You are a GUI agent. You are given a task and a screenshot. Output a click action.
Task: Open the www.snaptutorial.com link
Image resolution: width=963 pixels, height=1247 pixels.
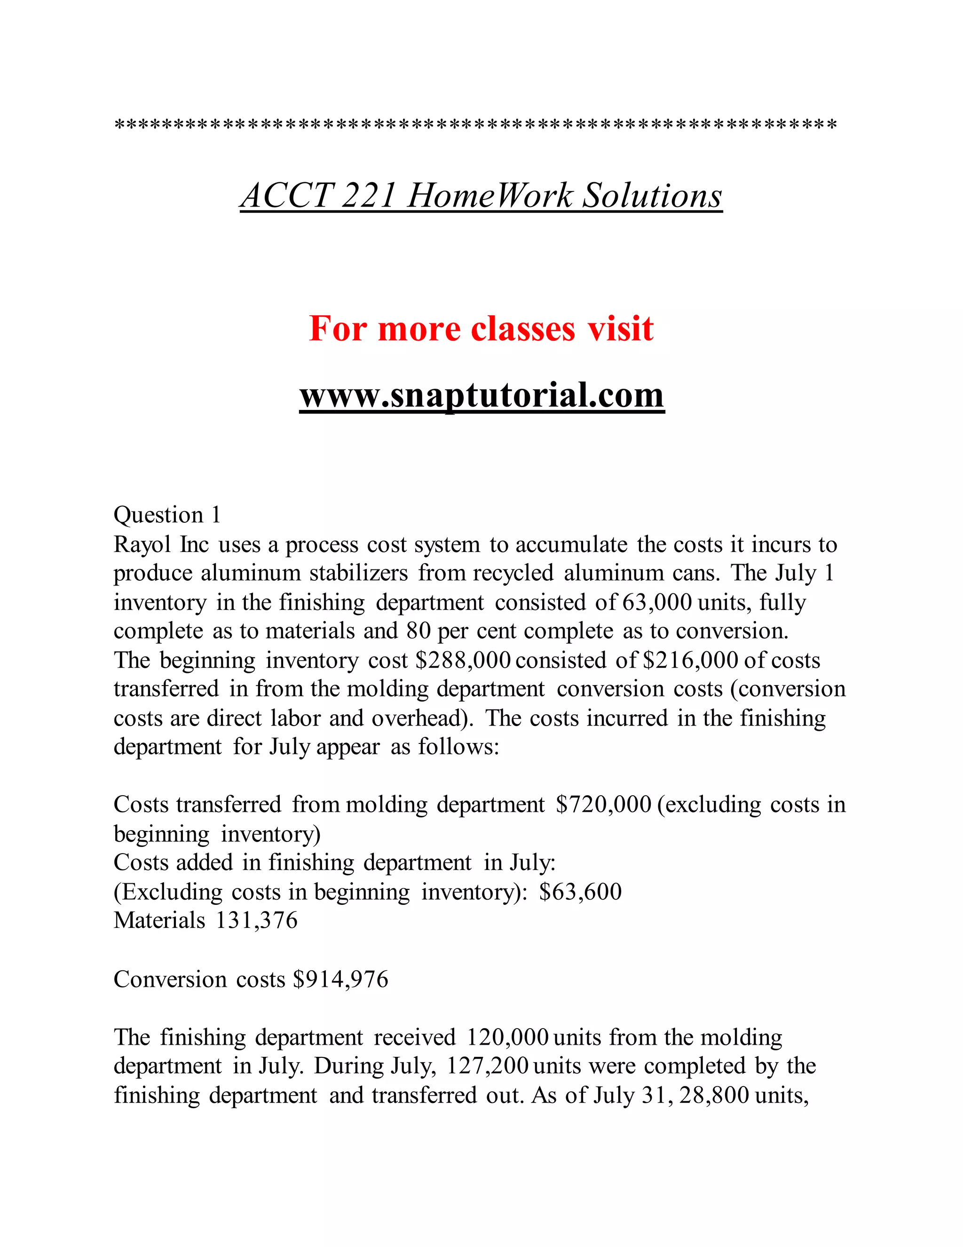[481, 395]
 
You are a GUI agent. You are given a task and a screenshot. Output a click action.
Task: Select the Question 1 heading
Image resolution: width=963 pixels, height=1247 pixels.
[166, 515]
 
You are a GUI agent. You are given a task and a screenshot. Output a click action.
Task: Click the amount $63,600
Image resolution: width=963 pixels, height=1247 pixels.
[580, 891]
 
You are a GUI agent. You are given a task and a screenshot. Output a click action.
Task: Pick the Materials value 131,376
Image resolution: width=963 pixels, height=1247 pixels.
[256, 920]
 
